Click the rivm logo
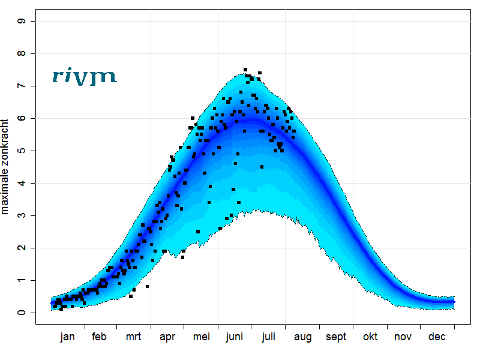[84, 76]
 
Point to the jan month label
[68, 337]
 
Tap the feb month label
[100, 337]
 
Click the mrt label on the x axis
[133, 337]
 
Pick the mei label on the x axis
[201, 337]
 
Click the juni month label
[234, 337]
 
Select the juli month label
[268, 337]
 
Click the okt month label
[370, 337]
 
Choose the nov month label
[403, 337]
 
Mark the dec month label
[437, 337]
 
